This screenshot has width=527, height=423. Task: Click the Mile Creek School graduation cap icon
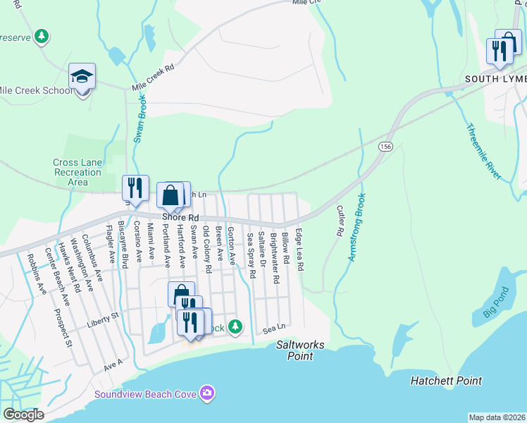(x=82, y=75)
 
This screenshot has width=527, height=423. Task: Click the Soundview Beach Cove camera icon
(x=206, y=392)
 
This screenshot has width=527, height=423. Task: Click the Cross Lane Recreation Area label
(x=77, y=172)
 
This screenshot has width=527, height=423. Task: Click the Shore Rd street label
(x=181, y=218)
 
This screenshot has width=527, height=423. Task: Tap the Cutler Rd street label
(x=340, y=221)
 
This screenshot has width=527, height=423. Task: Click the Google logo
(x=23, y=415)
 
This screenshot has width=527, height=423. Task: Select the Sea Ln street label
(x=275, y=328)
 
